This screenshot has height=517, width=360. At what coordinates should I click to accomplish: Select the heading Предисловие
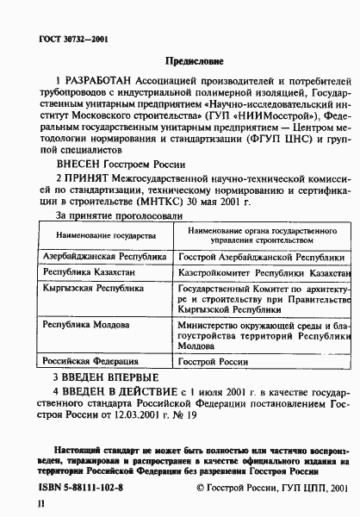[193, 61]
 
